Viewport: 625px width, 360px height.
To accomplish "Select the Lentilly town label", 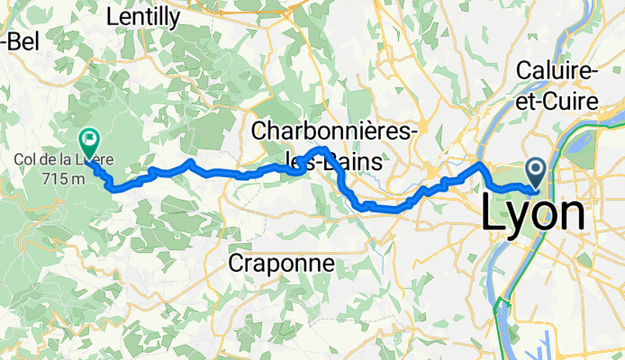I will coord(142,16).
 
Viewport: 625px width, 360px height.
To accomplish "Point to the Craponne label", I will coord(281,264).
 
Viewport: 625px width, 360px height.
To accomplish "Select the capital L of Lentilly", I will coord(113,16).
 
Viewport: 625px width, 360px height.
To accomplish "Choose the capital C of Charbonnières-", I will coord(261,132).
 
